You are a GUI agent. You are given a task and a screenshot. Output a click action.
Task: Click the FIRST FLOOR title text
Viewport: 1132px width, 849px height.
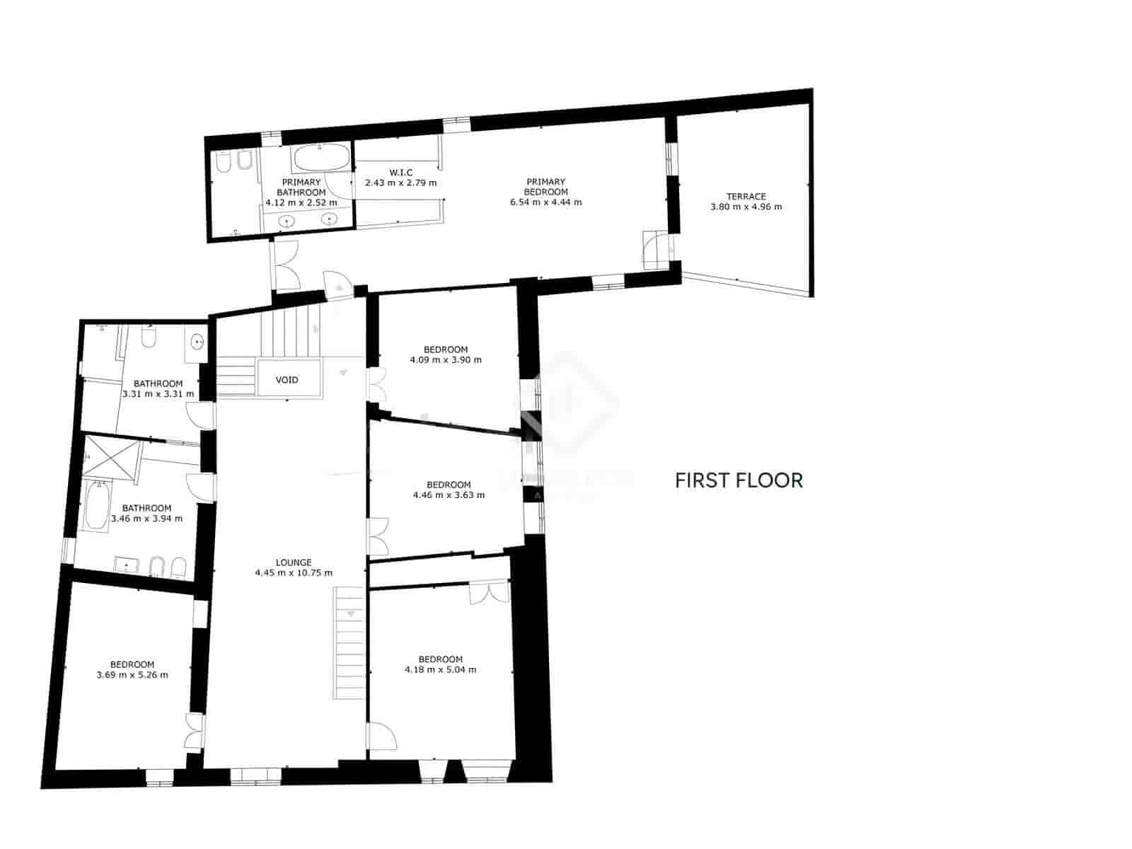coord(739,480)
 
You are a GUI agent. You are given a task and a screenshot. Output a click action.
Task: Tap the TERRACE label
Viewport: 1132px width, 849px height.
coord(746,196)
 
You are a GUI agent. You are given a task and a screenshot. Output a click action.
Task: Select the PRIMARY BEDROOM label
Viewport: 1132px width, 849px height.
coord(545,187)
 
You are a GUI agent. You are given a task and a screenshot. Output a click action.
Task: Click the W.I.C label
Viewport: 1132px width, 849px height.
coord(400,173)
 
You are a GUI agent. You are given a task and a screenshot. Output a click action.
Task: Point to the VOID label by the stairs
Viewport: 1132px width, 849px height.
coord(287,380)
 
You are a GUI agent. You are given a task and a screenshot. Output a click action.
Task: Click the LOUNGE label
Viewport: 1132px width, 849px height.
coord(294,562)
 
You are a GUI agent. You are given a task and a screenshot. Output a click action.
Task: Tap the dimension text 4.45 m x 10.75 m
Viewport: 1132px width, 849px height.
coord(294,573)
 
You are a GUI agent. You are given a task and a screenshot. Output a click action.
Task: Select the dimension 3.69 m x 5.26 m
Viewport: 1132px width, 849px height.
coord(132,675)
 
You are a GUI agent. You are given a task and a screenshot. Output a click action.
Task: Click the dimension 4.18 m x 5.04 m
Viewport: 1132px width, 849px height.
coord(440,669)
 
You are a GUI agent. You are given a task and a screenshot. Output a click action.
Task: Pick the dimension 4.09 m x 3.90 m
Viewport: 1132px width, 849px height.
coord(446,359)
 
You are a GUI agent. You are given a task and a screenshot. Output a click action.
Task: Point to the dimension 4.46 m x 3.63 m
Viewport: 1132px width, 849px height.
coord(449,495)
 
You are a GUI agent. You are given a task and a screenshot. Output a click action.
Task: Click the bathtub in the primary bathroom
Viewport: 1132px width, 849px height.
coord(321,158)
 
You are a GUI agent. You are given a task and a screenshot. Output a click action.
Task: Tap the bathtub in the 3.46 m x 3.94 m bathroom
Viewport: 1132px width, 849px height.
coord(96,505)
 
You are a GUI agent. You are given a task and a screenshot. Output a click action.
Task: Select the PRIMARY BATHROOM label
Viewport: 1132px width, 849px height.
coord(301,187)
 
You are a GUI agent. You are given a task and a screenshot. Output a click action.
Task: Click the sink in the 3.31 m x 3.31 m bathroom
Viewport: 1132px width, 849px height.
coord(197,342)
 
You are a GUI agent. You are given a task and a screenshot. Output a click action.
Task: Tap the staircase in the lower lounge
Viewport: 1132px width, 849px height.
coord(349,644)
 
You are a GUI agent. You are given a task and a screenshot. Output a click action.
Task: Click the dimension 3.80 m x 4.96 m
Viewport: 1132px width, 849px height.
coord(746,207)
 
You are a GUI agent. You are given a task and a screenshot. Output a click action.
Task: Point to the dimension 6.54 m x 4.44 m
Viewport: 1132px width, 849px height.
coord(545,202)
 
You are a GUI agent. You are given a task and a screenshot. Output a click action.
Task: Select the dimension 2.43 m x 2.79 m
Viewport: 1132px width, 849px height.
coord(400,183)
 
